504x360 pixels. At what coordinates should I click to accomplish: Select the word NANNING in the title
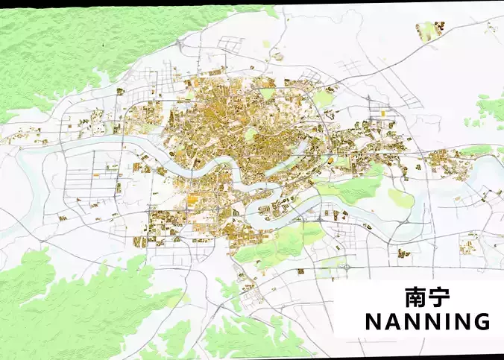[427, 321]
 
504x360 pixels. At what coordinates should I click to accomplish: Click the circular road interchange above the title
[347, 263]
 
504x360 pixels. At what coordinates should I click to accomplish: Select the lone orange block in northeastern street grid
[384, 113]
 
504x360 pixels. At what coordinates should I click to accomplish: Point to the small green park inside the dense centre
[252, 134]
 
